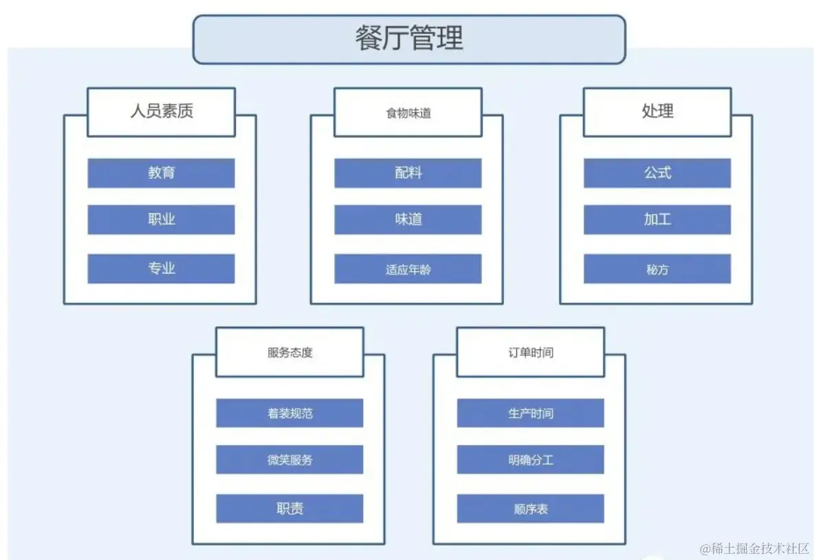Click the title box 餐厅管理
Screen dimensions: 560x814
[409, 39]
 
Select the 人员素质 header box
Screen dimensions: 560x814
[162, 111]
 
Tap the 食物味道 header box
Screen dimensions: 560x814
[408, 112]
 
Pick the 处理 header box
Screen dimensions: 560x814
[657, 111]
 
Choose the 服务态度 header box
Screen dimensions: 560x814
[289, 352]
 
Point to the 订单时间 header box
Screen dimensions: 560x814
[530, 352]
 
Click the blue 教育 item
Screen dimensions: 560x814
[161, 173]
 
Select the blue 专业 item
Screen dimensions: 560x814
[161, 268]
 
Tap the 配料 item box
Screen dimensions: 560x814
[408, 173]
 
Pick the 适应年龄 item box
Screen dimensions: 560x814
[408, 269]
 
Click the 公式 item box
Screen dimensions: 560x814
[657, 173]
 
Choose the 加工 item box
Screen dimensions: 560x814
[657, 219]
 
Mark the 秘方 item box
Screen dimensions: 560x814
[657, 269]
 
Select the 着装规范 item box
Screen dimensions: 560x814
[289, 413]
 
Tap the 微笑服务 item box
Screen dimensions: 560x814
[289, 460]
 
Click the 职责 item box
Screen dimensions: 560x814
[289, 508]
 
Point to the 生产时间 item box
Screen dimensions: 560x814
[530, 413]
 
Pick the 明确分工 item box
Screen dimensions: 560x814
[530, 460]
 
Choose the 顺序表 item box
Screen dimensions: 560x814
[530, 508]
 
